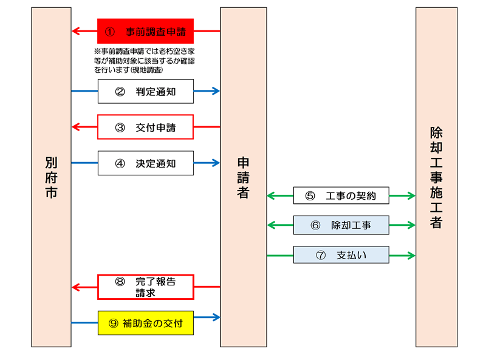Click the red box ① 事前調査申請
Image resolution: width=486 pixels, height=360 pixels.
coord(145,30)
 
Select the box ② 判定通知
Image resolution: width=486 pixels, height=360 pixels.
coord(145,91)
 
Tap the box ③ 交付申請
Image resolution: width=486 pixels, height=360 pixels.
coord(145,127)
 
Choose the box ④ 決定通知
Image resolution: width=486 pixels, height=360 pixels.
coord(145,163)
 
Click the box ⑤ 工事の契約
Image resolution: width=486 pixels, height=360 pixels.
coord(341,195)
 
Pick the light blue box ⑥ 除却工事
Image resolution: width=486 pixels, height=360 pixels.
coord(341,225)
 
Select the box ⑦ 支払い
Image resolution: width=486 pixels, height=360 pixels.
coord(341,255)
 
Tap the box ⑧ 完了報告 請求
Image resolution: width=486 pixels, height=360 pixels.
coord(145,287)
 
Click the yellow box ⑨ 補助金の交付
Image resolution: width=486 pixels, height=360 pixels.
coord(145,322)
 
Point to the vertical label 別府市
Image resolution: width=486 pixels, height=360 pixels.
coord(51,177)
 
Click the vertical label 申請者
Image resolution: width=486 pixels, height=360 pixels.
coord(243,177)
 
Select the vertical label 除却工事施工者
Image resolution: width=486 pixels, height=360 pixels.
coord(436,177)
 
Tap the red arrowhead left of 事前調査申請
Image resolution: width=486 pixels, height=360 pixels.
coord(75,30)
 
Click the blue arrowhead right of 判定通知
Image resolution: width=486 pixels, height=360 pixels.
coord(216,91)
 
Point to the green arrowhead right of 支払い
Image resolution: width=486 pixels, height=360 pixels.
coord(411,255)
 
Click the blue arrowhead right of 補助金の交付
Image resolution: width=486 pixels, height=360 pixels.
coord(216,317)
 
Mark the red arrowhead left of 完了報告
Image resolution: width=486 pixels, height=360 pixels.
coord(75,287)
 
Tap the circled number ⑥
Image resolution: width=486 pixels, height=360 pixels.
coord(315,225)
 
